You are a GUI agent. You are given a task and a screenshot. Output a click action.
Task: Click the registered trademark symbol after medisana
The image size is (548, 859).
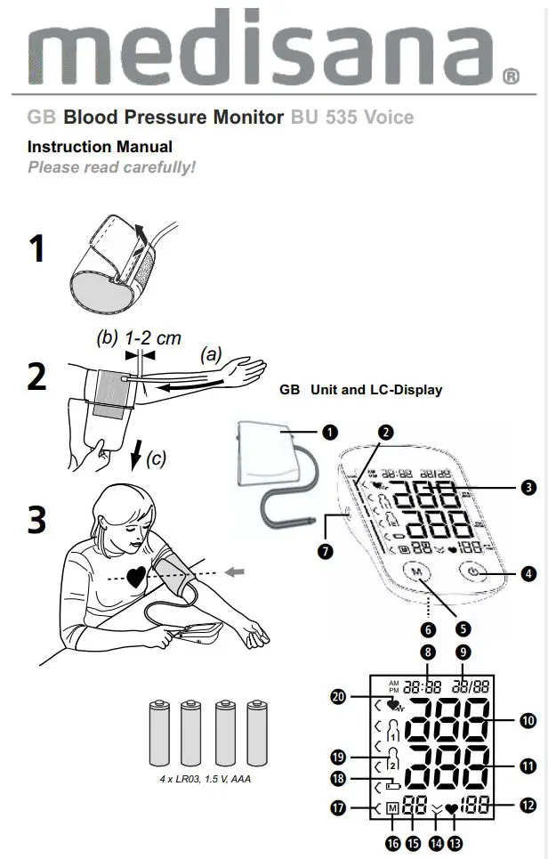[512, 77]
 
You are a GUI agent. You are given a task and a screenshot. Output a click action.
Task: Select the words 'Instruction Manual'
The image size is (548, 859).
[100, 147]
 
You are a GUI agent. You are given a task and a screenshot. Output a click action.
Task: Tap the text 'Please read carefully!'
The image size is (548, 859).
[111, 167]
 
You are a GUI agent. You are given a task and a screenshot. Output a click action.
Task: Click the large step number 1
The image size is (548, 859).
[36, 248]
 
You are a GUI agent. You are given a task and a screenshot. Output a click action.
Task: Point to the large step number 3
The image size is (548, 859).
[36, 520]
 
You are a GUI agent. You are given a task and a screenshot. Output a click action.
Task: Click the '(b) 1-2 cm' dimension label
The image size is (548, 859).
[138, 338]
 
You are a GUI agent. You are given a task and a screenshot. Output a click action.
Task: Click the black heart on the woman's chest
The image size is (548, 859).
[135, 577]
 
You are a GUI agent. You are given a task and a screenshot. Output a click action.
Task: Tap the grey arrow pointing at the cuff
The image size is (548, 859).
[233, 571]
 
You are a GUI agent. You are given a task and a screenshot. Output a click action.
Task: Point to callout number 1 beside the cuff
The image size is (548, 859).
[330, 433]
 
